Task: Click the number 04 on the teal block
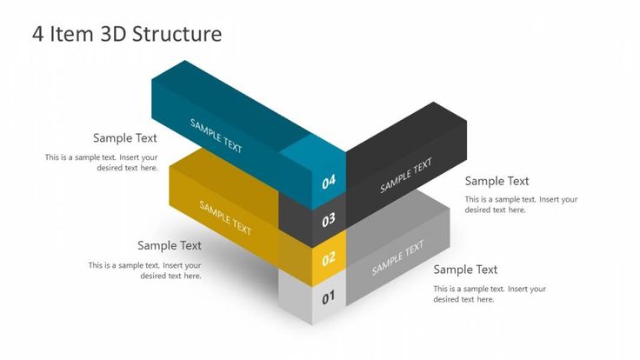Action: click(329, 183)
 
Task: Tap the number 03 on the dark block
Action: click(329, 220)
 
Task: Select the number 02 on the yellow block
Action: click(329, 258)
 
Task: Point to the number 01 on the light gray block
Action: click(329, 298)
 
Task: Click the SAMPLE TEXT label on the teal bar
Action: click(217, 135)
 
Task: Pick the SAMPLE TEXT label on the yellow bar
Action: click(225, 217)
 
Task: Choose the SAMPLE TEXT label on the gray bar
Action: click(398, 257)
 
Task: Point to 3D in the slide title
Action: click(114, 34)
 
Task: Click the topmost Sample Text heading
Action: click(125, 137)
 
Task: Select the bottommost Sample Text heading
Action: click(465, 270)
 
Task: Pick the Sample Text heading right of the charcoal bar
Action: click(497, 181)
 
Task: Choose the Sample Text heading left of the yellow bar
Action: click(170, 245)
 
